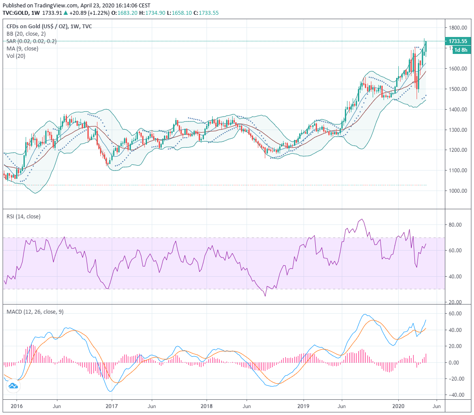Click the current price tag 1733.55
[458, 41]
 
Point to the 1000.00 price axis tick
[458, 191]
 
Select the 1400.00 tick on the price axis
[458, 110]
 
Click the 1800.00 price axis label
[458, 28]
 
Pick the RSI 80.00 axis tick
[454, 225]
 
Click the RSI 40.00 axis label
[454, 277]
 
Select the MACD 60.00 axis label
[454, 314]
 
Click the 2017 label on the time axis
[111, 406]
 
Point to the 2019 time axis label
[303, 406]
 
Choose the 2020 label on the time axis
[398, 406]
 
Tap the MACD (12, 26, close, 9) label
[35, 311]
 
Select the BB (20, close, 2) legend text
[26, 33]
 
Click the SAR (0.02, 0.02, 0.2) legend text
[31, 41]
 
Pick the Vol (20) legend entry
[16, 56]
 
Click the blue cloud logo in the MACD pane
[13, 386]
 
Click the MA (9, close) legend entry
[22, 48]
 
